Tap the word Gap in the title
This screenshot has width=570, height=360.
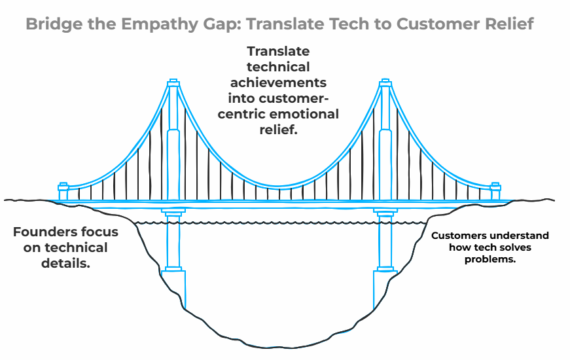click(219, 25)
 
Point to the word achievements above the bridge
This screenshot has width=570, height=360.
click(279, 82)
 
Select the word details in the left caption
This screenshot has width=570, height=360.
click(65, 263)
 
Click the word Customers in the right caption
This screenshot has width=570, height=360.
click(456, 236)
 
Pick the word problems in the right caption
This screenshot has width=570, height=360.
click(490, 259)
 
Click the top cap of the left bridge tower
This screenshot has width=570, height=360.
click(173, 82)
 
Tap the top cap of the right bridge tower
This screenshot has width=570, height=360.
click(385, 82)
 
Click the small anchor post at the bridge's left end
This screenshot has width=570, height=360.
click(63, 191)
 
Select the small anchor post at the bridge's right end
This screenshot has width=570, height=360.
click(495, 191)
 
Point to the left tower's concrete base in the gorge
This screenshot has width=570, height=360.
click(175, 289)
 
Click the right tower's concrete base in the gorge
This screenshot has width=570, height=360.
click(385, 289)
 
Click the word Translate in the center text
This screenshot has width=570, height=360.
click(279, 51)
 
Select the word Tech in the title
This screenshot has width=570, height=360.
click(349, 24)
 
